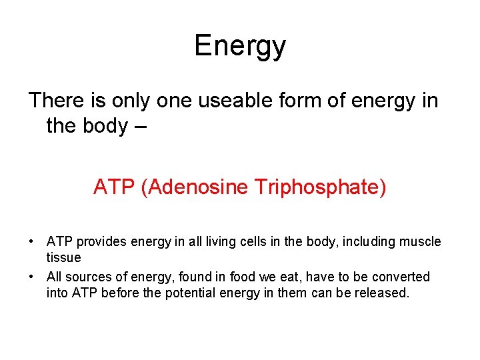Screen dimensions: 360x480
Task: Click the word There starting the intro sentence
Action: tap(55, 101)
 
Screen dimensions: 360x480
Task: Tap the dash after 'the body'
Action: tap(139, 125)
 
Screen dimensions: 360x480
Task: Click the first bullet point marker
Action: tap(32, 241)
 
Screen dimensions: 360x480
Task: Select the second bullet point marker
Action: tap(32, 277)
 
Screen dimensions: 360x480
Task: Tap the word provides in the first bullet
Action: tap(100, 241)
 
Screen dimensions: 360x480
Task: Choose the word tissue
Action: tap(63, 257)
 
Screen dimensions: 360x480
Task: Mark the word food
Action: tap(243, 277)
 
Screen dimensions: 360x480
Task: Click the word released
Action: tap(382, 293)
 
